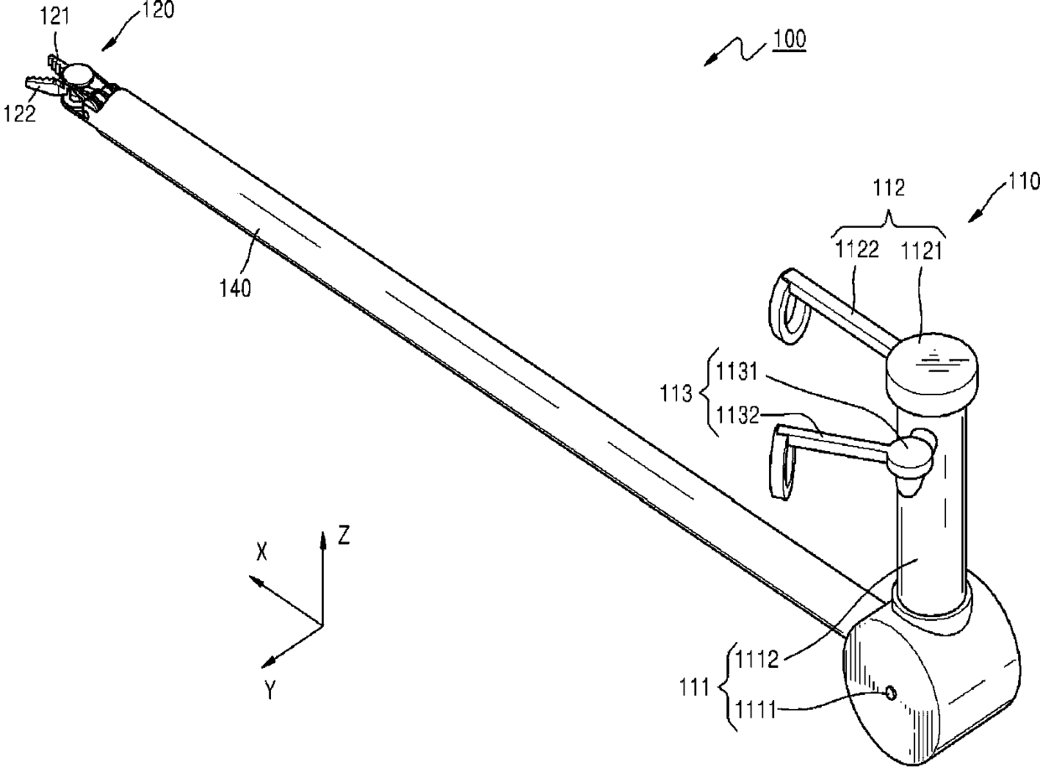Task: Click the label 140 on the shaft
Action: [235, 289]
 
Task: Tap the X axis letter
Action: [263, 550]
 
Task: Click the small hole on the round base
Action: [892, 692]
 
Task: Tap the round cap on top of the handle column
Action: [933, 366]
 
